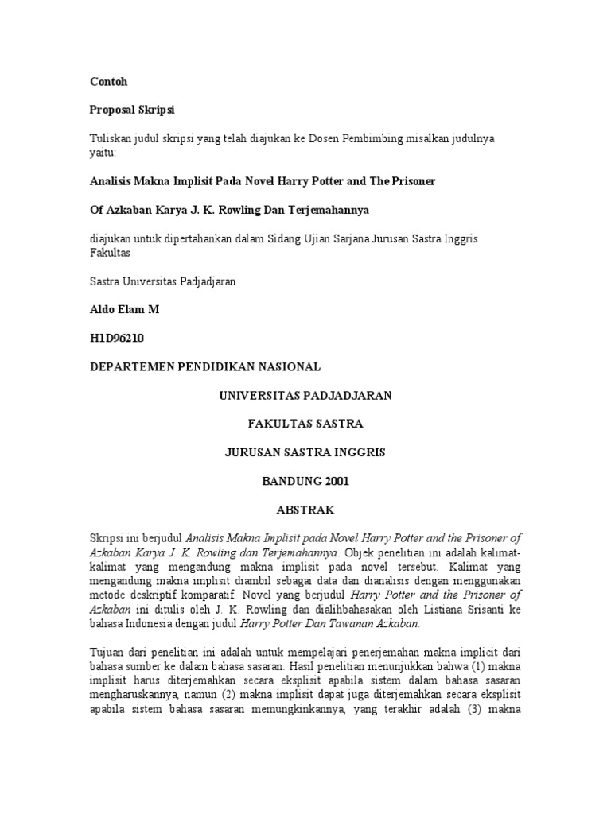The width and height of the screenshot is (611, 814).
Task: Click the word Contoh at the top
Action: tap(107, 82)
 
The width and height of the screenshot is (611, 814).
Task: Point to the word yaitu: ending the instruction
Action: tap(102, 152)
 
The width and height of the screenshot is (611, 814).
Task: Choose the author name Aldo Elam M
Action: tap(124, 309)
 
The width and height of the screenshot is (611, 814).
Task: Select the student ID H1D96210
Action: tap(118, 338)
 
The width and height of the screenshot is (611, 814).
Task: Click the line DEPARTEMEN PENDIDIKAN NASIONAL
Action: tap(205, 366)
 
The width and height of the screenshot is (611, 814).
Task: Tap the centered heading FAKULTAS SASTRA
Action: tap(305, 424)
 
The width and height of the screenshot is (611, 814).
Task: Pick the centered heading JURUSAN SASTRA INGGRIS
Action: tap(305, 452)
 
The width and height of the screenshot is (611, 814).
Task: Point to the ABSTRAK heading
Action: tap(305, 510)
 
